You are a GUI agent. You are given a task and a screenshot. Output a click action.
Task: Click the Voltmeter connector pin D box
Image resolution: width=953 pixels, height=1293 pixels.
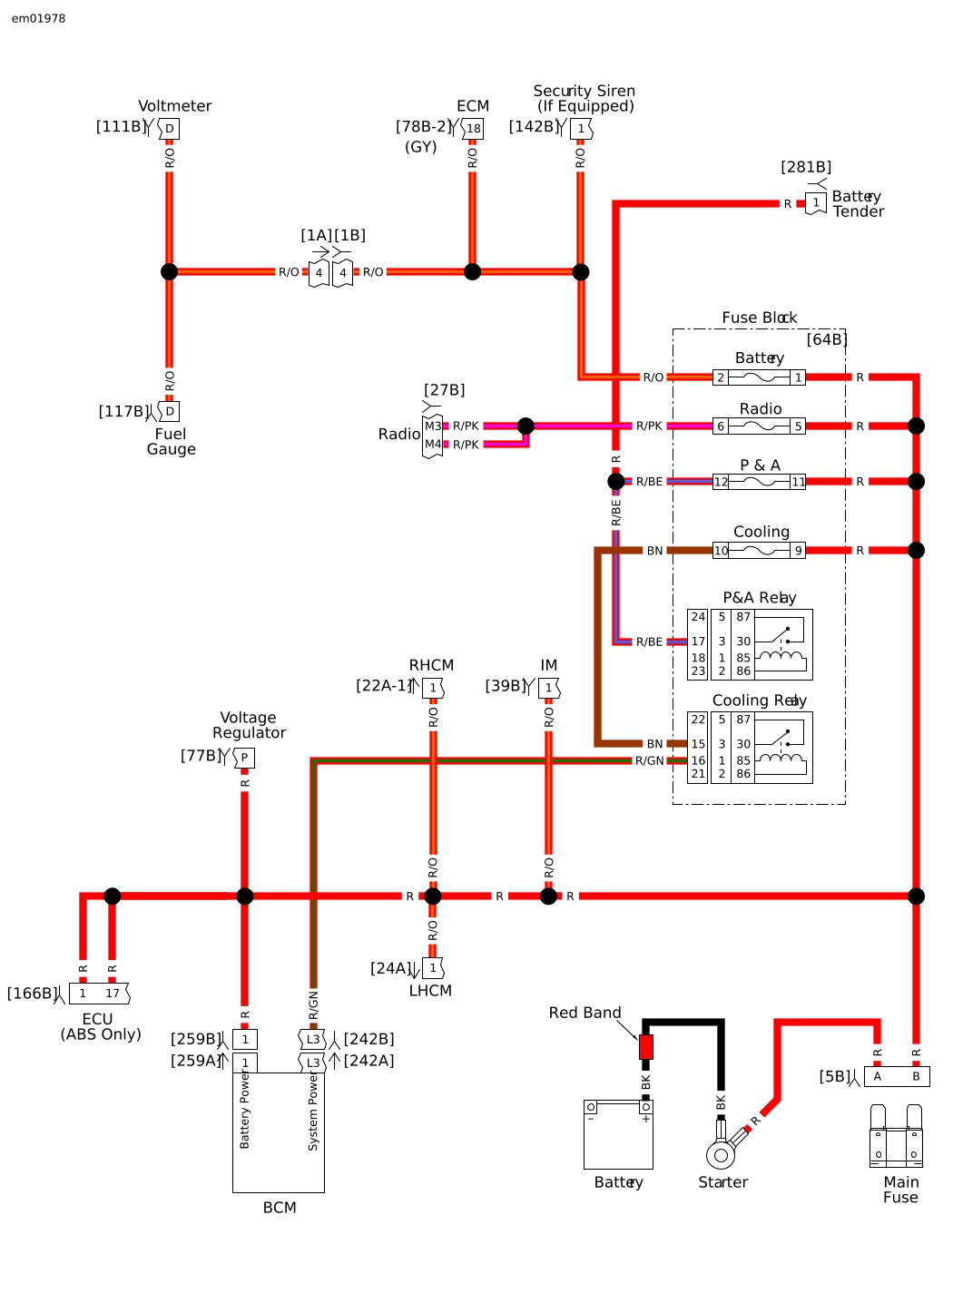pyautogui.click(x=169, y=128)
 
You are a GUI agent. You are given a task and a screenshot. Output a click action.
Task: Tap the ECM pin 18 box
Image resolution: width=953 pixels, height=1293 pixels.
pyautogui.click(x=473, y=128)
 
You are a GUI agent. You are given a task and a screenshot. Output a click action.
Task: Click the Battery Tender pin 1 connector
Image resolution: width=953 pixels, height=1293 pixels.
pyautogui.click(x=816, y=203)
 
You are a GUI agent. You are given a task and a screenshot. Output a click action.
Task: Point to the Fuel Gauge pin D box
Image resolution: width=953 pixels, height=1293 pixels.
pyautogui.click(x=169, y=411)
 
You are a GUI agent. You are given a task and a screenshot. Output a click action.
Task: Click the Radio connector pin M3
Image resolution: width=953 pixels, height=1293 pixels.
pyautogui.click(x=433, y=426)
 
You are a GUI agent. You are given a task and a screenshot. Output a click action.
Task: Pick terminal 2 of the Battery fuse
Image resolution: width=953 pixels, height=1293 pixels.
pyautogui.click(x=721, y=377)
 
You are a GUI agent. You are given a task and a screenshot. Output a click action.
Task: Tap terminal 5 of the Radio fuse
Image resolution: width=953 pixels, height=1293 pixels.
pyautogui.click(x=798, y=426)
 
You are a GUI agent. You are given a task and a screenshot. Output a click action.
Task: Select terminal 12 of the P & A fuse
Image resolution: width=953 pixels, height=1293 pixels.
pyautogui.click(x=721, y=482)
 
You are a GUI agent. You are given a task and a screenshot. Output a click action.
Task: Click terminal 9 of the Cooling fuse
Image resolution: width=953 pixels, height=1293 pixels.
pyautogui.click(x=798, y=551)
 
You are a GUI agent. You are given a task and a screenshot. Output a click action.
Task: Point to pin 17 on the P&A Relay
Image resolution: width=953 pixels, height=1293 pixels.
pyautogui.click(x=698, y=642)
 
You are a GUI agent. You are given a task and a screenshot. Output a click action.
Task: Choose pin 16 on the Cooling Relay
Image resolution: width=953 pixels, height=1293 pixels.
pyautogui.click(x=698, y=760)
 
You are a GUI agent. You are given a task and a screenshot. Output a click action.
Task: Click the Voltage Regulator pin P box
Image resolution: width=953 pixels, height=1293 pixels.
pyautogui.click(x=244, y=758)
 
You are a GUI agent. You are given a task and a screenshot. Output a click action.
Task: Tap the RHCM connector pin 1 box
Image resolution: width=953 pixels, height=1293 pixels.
pyautogui.click(x=433, y=688)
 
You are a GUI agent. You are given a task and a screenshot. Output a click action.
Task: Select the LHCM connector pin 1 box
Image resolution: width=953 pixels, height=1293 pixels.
pyautogui.click(x=433, y=968)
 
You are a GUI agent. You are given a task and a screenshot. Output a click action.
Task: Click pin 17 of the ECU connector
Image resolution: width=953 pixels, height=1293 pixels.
pyautogui.click(x=112, y=994)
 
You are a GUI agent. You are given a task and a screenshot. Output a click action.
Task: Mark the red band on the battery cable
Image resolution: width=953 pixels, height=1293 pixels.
pyautogui.click(x=646, y=1046)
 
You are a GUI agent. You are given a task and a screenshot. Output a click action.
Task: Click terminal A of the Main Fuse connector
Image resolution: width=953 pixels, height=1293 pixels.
pyautogui.click(x=878, y=1076)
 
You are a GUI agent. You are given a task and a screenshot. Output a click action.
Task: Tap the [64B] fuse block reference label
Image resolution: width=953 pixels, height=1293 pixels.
pyautogui.click(x=827, y=339)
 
